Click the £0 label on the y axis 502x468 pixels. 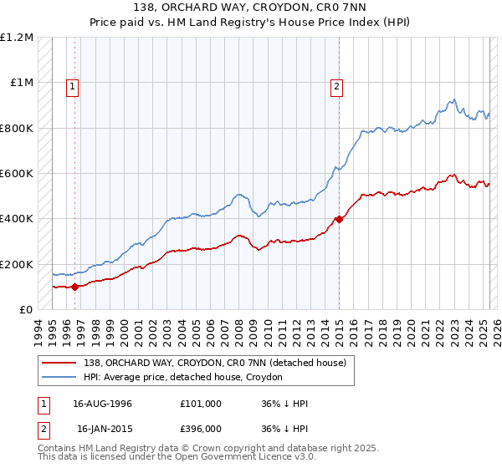click(25, 309)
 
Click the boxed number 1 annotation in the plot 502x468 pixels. click(73, 84)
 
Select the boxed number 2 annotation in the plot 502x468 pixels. click(336, 84)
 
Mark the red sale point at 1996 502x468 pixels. click(74, 287)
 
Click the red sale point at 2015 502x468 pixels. click(339, 220)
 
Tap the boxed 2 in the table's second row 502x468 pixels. click(42, 428)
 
